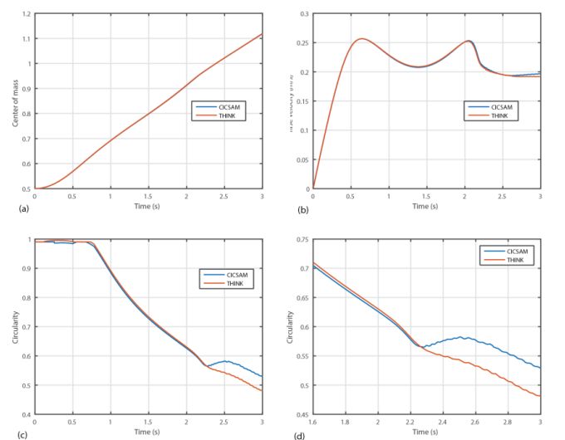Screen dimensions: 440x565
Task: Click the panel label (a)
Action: [12, 208]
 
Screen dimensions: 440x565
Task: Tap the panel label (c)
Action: [12, 432]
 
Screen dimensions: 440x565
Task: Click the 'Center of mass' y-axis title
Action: [15, 102]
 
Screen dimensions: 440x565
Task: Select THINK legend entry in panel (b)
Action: [500, 115]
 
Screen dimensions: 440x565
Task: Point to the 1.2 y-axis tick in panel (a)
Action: [27, 15]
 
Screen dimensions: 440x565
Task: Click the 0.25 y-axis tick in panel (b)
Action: [302, 43]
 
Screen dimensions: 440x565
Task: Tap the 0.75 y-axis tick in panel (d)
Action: [302, 240]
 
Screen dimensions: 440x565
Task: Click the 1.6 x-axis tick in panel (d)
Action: [313, 422]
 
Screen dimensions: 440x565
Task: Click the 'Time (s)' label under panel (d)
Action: [425, 432]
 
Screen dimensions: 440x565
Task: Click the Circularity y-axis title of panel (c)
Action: [15, 326]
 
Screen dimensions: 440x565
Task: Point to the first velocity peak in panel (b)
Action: [361, 38]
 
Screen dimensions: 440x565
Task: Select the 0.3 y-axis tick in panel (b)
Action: [304, 15]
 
